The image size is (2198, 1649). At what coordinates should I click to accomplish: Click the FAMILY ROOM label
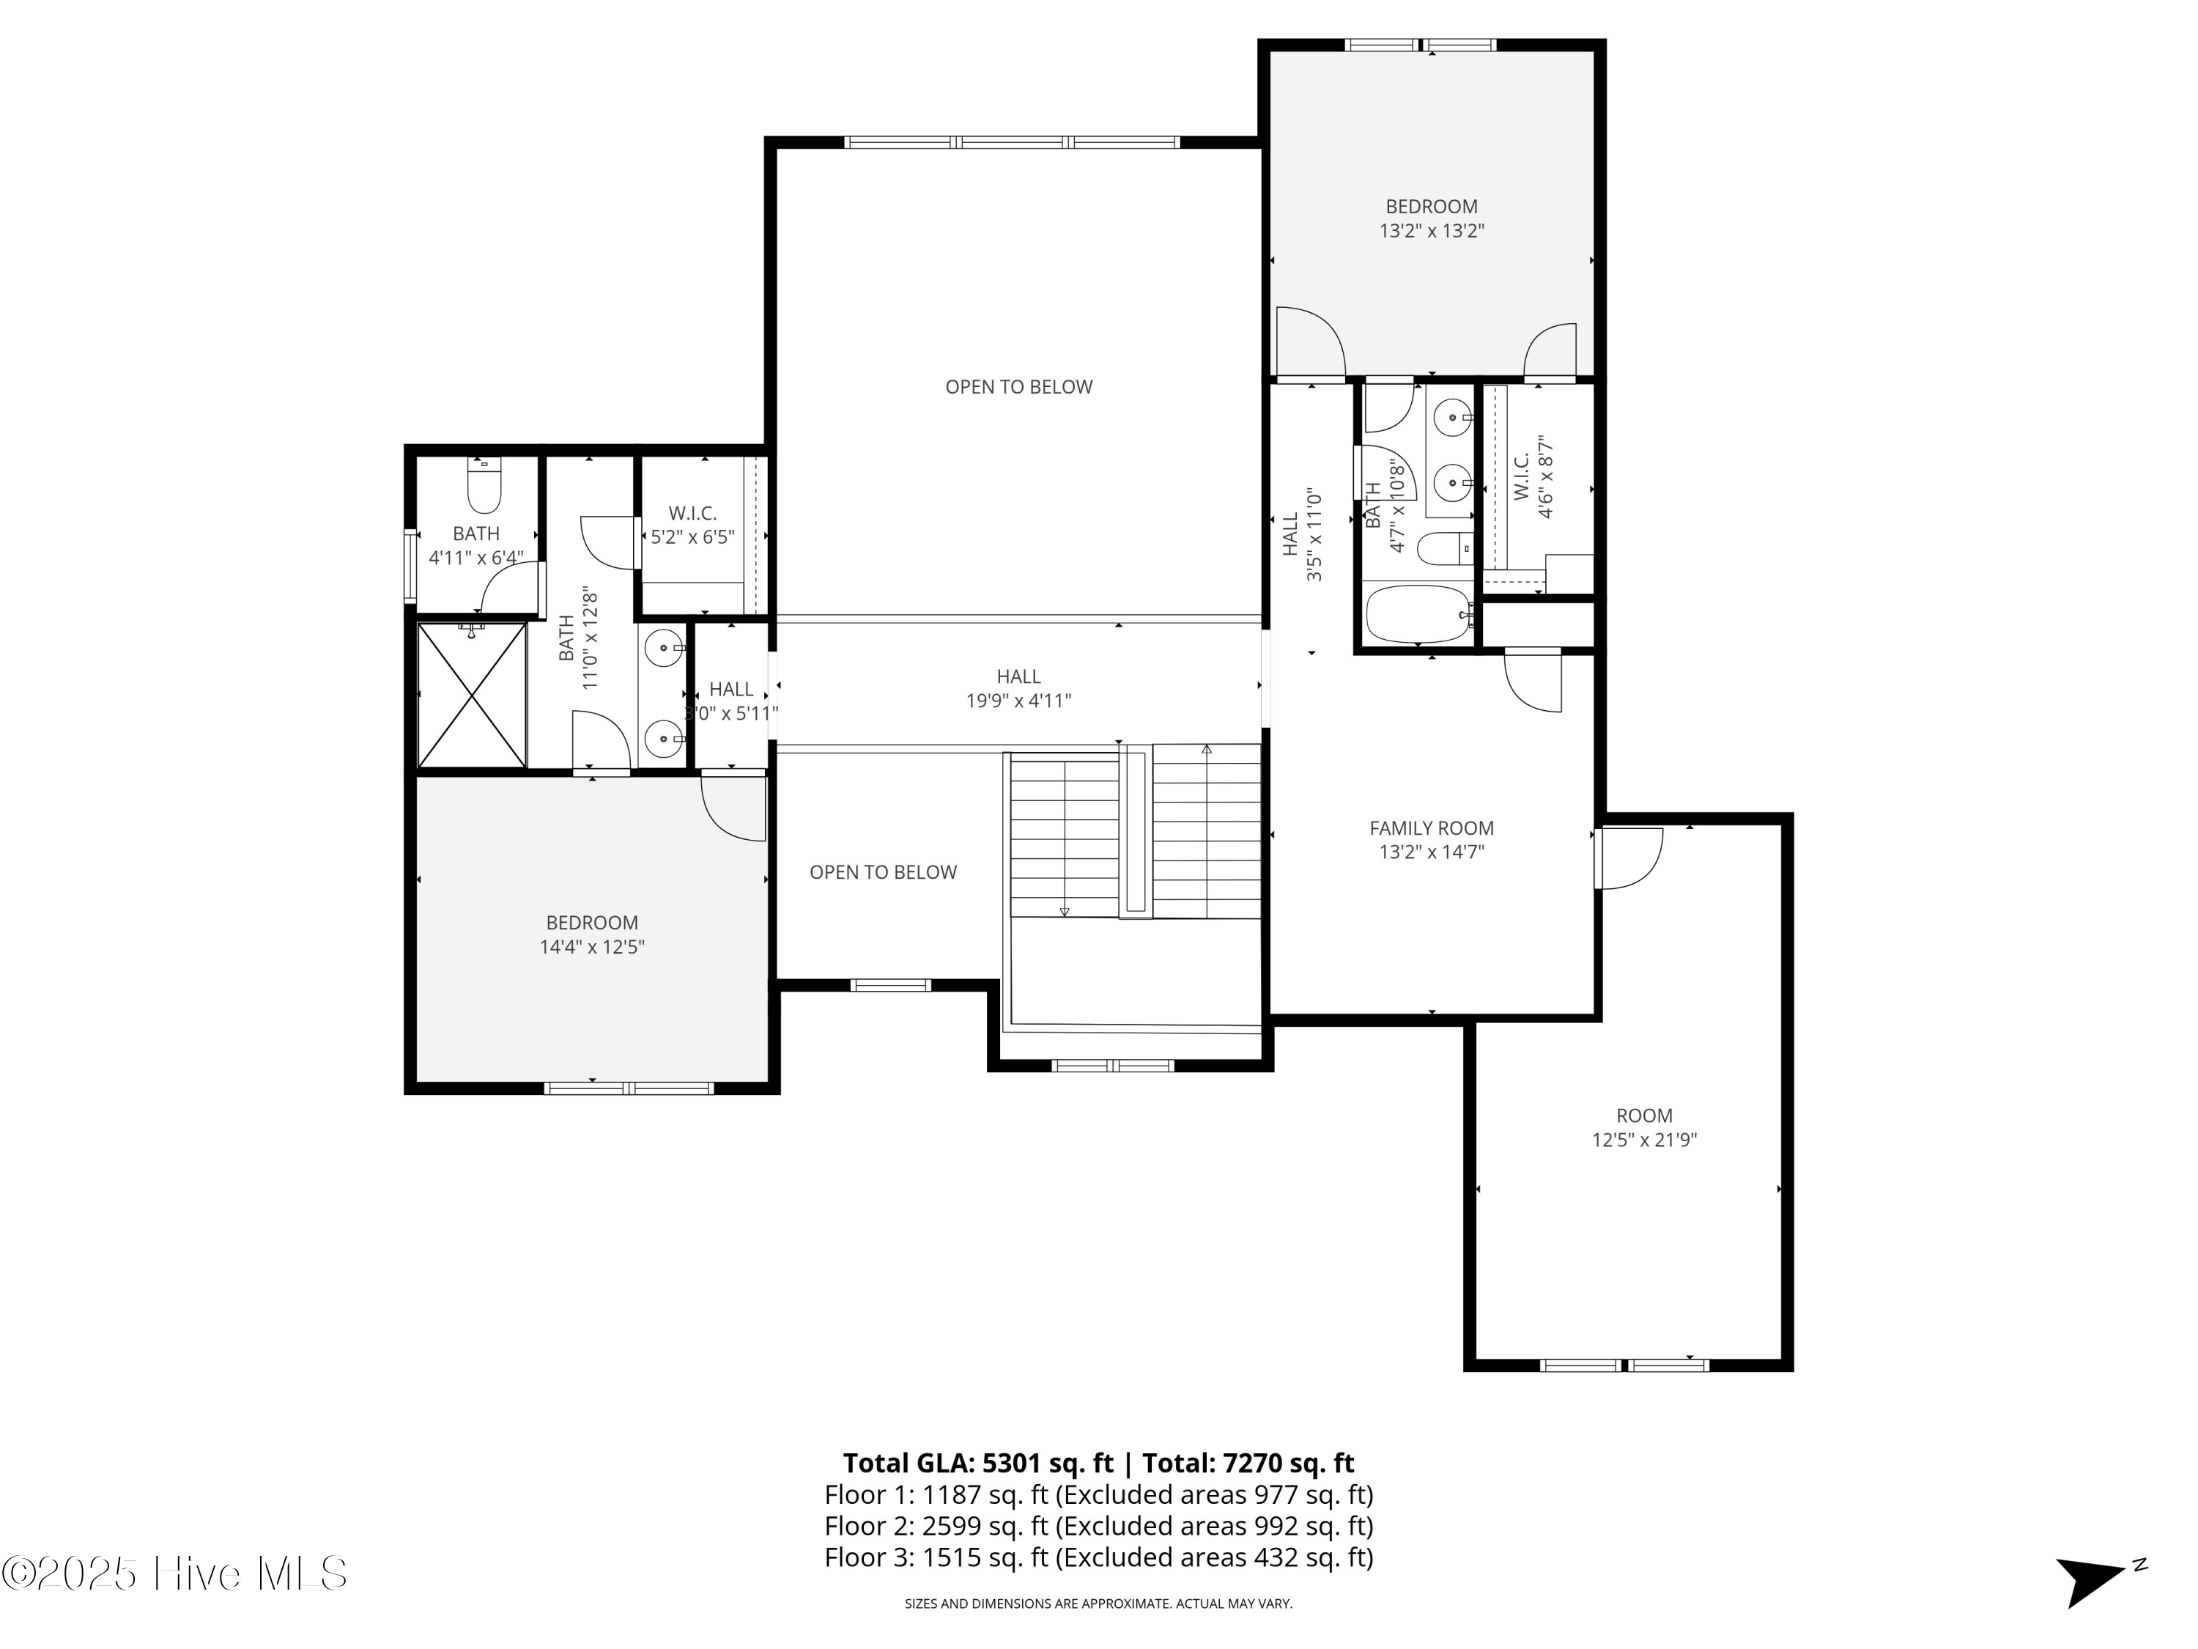point(1431,828)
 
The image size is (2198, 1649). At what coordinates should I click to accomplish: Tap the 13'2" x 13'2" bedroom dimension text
point(1431,232)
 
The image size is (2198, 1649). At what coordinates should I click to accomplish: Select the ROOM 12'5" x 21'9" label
point(1643,1127)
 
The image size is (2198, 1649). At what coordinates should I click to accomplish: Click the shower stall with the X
point(471,695)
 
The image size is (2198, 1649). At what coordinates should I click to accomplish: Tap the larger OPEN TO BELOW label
point(1018,387)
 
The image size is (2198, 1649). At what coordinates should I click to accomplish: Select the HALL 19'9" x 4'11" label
point(1018,688)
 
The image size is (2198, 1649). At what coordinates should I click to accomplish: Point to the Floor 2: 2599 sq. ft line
point(1098,1524)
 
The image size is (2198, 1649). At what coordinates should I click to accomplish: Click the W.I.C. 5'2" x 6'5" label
point(692,525)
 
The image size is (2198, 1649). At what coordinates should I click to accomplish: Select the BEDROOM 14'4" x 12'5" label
point(591,934)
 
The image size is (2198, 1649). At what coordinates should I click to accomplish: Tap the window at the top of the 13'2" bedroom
point(1420,45)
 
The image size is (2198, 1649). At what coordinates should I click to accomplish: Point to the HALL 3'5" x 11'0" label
point(1302,534)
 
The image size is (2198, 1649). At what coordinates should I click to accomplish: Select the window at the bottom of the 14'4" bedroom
point(629,1088)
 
